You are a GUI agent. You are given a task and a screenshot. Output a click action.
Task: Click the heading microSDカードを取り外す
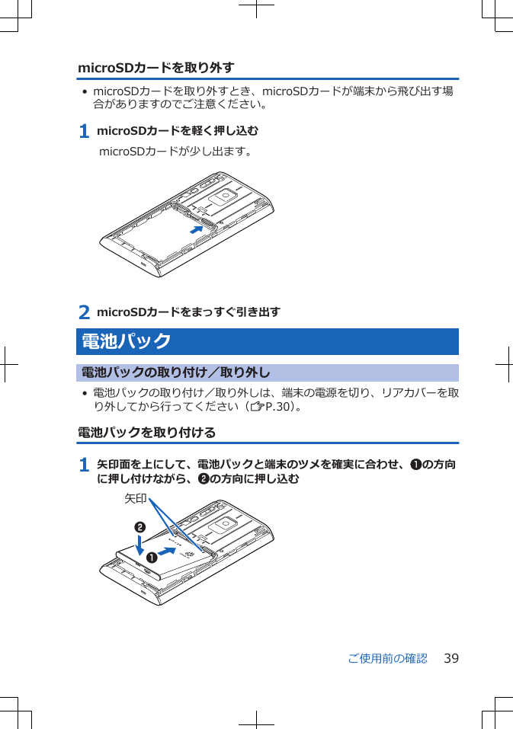pyautogui.click(x=156, y=68)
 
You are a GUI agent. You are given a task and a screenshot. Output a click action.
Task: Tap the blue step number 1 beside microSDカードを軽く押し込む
pyautogui.click(x=85, y=132)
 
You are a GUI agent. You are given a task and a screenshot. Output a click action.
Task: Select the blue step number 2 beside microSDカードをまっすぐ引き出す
pyautogui.click(x=85, y=312)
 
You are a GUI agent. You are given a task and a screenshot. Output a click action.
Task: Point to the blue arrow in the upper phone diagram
pyautogui.click(x=197, y=229)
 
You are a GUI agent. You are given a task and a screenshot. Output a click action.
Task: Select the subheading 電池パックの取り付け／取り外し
pyautogui.click(x=175, y=373)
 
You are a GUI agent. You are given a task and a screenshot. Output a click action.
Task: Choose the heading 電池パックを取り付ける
pyautogui.click(x=146, y=433)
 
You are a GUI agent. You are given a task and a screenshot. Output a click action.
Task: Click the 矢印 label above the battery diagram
pyautogui.click(x=135, y=499)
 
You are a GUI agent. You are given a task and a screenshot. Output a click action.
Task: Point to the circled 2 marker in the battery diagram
pyautogui.click(x=140, y=527)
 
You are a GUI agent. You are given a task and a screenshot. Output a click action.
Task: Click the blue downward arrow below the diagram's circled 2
pyautogui.click(x=140, y=545)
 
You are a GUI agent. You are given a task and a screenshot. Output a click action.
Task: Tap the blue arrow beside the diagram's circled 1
pyautogui.click(x=173, y=550)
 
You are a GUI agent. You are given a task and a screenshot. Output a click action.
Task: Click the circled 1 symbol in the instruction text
pyautogui.click(x=415, y=465)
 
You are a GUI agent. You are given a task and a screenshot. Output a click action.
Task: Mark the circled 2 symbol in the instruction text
pyautogui.click(x=203, y=479)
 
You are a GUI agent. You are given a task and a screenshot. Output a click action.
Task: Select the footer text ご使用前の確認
pyautogui.click(x=387, y=658)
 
